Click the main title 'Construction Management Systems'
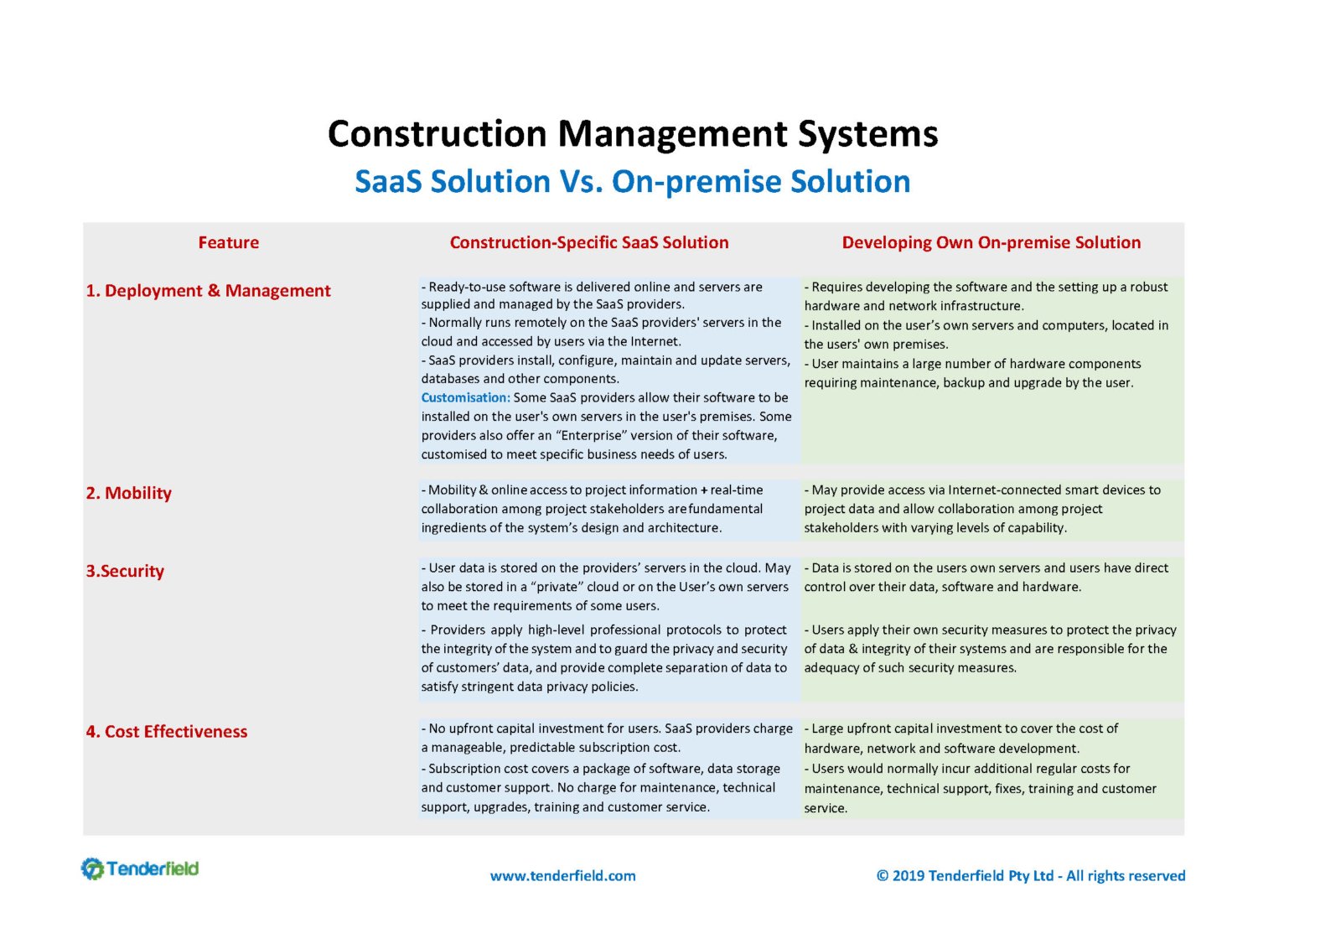point(633,134)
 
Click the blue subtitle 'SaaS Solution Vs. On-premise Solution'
point(633,181)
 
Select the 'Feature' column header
point(229,242)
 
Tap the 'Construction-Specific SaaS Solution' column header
point(589,242)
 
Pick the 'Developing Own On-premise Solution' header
point(992,242)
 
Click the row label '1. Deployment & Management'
point(208,291)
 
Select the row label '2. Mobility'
point(129,493)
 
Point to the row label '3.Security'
point(125,571)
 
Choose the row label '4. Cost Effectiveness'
point(167,732)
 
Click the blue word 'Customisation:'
point(466,397)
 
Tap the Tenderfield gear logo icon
point(92,869)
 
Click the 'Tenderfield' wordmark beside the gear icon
point(153,869)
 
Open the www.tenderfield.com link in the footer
point(562,876)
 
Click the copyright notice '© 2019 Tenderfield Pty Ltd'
point(965,876)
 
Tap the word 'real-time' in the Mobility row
point(737,490)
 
